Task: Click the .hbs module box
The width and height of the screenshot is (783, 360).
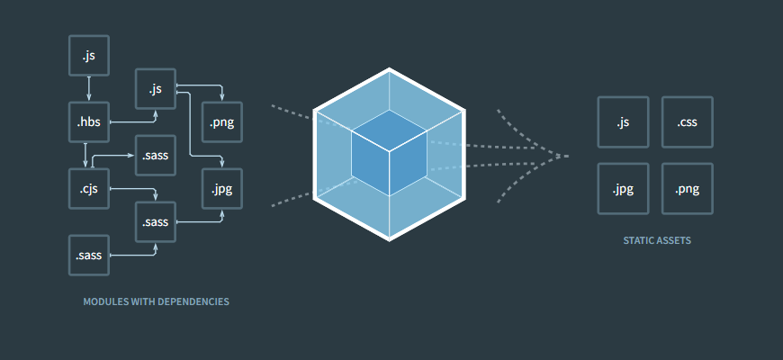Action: pyautogui.click(x=88, y=123)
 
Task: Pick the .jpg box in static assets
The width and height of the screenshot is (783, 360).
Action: pyautogui.click(x=623, y=189)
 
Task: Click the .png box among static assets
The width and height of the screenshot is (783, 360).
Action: pyautogui.click(x=688, y=189)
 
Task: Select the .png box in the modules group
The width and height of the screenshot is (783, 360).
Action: pyautogui.click(x=221, y=123)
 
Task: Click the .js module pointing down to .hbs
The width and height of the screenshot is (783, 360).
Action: pyautogui.click(x=88, y=56)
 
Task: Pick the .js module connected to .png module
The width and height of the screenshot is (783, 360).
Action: pyautogui.click(x=155, y=88)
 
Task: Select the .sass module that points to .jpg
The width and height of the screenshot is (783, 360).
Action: pyautogui.click(x=155, y=221)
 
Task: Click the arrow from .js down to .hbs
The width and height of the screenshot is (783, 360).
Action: pyautogui.click(x=88, y=89)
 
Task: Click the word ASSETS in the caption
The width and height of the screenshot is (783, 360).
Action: pyautogui.click(x=673, y=241)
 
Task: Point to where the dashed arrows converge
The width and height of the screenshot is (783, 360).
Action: pyautogui.click(x=566, y=156)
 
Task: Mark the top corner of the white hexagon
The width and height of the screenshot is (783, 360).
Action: pyautogui.click(x=390, y=68)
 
